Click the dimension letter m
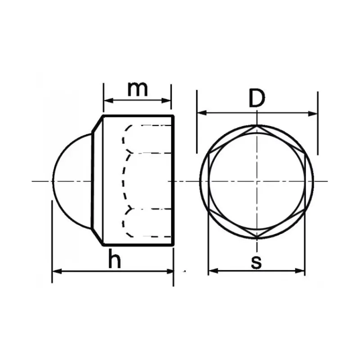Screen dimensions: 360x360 [x=138, y=89]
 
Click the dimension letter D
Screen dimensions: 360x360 [x=256, y=98]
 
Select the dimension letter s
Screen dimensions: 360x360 [x=256, y=262]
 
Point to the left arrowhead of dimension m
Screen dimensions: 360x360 [x=108, y=100]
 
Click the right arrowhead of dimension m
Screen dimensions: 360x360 [x=166, y=100]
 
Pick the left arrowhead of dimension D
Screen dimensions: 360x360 [x=202, y=113]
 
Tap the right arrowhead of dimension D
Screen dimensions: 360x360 [x=313, y=113]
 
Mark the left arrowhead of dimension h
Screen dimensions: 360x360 [x=57, y=272]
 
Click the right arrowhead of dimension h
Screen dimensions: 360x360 [x=169, y=272]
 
